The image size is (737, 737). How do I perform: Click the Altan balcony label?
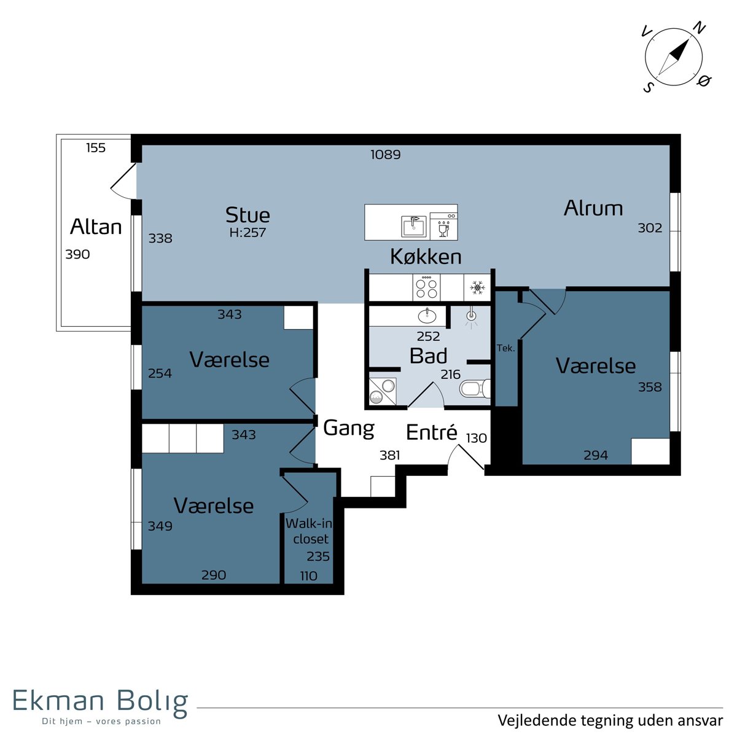(x=96, y=227)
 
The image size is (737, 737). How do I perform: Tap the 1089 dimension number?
(x=386, y=155)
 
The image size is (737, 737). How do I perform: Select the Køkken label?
(x=426, y=256)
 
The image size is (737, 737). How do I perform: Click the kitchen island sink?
(x=413, y=226)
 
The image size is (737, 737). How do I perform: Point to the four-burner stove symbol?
(x=426, y=287)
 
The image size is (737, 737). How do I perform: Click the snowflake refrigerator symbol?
(x=477, y=287)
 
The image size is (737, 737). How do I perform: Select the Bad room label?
(x=428, y=356)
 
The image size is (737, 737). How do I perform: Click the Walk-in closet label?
(x=310, y=531)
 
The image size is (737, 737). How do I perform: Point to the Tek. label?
(x=505, y=348)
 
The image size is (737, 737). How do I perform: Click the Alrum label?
(x=593, y=208)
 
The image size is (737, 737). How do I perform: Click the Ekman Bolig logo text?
(x=101, y=700)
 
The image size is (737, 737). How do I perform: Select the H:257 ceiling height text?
(x=248, y=232)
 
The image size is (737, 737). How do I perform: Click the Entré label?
(x=431, y=432)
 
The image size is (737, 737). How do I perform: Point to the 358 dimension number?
(x=649, y=387)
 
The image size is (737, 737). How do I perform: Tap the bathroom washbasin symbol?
(x=427, y=316)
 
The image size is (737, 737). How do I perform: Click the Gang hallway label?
(x=348, y=429)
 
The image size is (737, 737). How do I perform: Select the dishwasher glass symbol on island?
(x=443, y=231)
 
